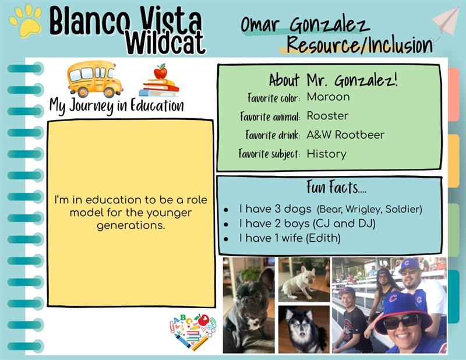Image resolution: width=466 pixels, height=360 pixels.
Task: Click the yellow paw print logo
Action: [26, 21]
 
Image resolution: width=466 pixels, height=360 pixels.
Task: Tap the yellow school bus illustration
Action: [94, 79]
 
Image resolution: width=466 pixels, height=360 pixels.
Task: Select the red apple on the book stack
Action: [161, 72]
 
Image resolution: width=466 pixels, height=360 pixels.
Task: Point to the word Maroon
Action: [328, 97]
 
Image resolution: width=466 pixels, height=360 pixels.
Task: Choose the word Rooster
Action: [327, 116]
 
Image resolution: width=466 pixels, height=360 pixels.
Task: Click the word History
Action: [326, 154]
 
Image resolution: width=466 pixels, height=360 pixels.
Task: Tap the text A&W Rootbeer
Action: [345, 135]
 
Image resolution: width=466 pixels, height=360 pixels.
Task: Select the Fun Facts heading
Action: [336, 187]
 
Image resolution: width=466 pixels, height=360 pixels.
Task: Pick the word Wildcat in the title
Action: [165, 43]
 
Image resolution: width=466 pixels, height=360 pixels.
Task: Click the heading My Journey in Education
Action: [116, 106]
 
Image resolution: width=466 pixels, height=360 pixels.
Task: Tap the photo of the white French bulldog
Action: [304, 280]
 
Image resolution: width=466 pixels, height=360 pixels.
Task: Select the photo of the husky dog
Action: [304, 330]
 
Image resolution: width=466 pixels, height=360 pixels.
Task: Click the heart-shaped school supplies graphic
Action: [193, 331]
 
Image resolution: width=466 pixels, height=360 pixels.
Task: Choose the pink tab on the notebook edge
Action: [454, 94]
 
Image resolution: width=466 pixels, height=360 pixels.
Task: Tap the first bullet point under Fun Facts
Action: [226, 210]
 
